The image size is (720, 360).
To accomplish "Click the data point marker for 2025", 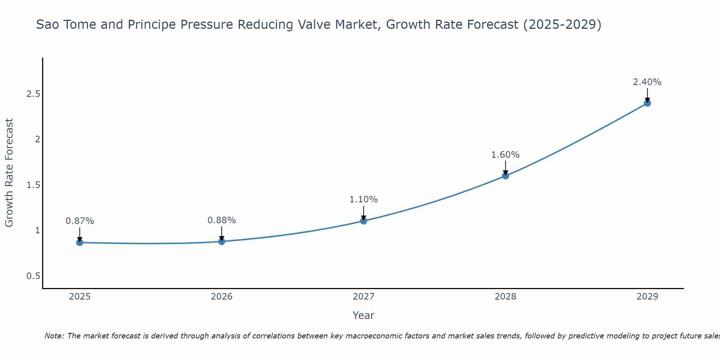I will pyautogui.click(x=80, y=243).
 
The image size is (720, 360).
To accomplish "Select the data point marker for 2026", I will pyautogui.click(x=222, y=242).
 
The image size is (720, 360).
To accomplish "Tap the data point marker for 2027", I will pyautogui.click(x=364, y=221).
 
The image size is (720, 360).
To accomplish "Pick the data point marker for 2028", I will pyautogui.click(x=505, y=176).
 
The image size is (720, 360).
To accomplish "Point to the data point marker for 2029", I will pyautogui.click(x=647, y=103).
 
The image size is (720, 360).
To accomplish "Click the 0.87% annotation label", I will pyautogui.click(x=80, y=221).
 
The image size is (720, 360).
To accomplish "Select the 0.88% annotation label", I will pyautogui.click(x=222, y=220).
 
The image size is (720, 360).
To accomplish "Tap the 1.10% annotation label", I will pyautogui.click(x=364, y=199).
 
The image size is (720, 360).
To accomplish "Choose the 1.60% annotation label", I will pyautogui.click(x=505, y=155).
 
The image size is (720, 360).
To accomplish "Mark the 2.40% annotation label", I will pyautogui.click(x=647, y=82).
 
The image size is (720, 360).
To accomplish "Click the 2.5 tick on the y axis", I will pyautogui.click(x=33, y=94).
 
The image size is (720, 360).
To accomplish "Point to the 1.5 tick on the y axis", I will pyautogui.click(x=33, y=185).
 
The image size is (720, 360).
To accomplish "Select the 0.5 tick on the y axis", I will pyautogui.click(x=33, y=276).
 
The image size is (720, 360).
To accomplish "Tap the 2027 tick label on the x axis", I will pyautogui.click(x=364, y=297).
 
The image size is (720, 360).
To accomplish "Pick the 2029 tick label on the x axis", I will pyautogui.click(x=647, y=297).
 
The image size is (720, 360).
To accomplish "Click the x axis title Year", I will pyautogui.click(x=364, y=315).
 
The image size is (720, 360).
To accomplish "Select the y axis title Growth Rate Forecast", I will pyautogui.click(x=9, y=173).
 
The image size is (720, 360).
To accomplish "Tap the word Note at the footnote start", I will pyautogui.click(x=54, y=336).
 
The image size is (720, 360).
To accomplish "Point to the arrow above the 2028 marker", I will pyautogui.click(x=505, y=168).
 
